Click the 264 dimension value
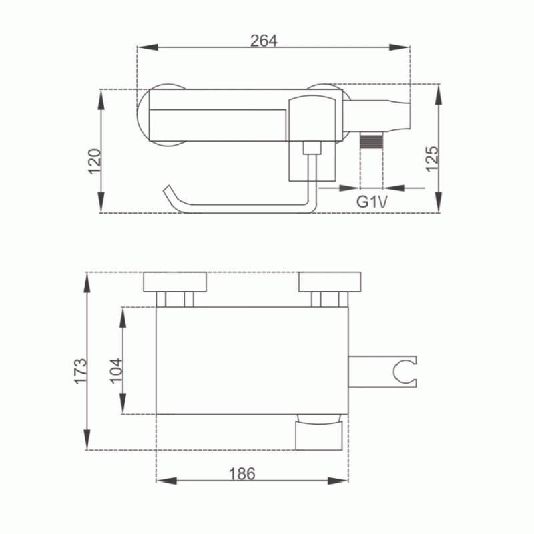click(264, 41)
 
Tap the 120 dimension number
click(95, 162)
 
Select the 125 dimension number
click(432, 159)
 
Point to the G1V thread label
click(372, 202)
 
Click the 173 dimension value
click(81, 371)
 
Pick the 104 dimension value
click(116, 371)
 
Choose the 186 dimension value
click(242, 474)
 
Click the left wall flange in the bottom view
click(175, 282)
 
